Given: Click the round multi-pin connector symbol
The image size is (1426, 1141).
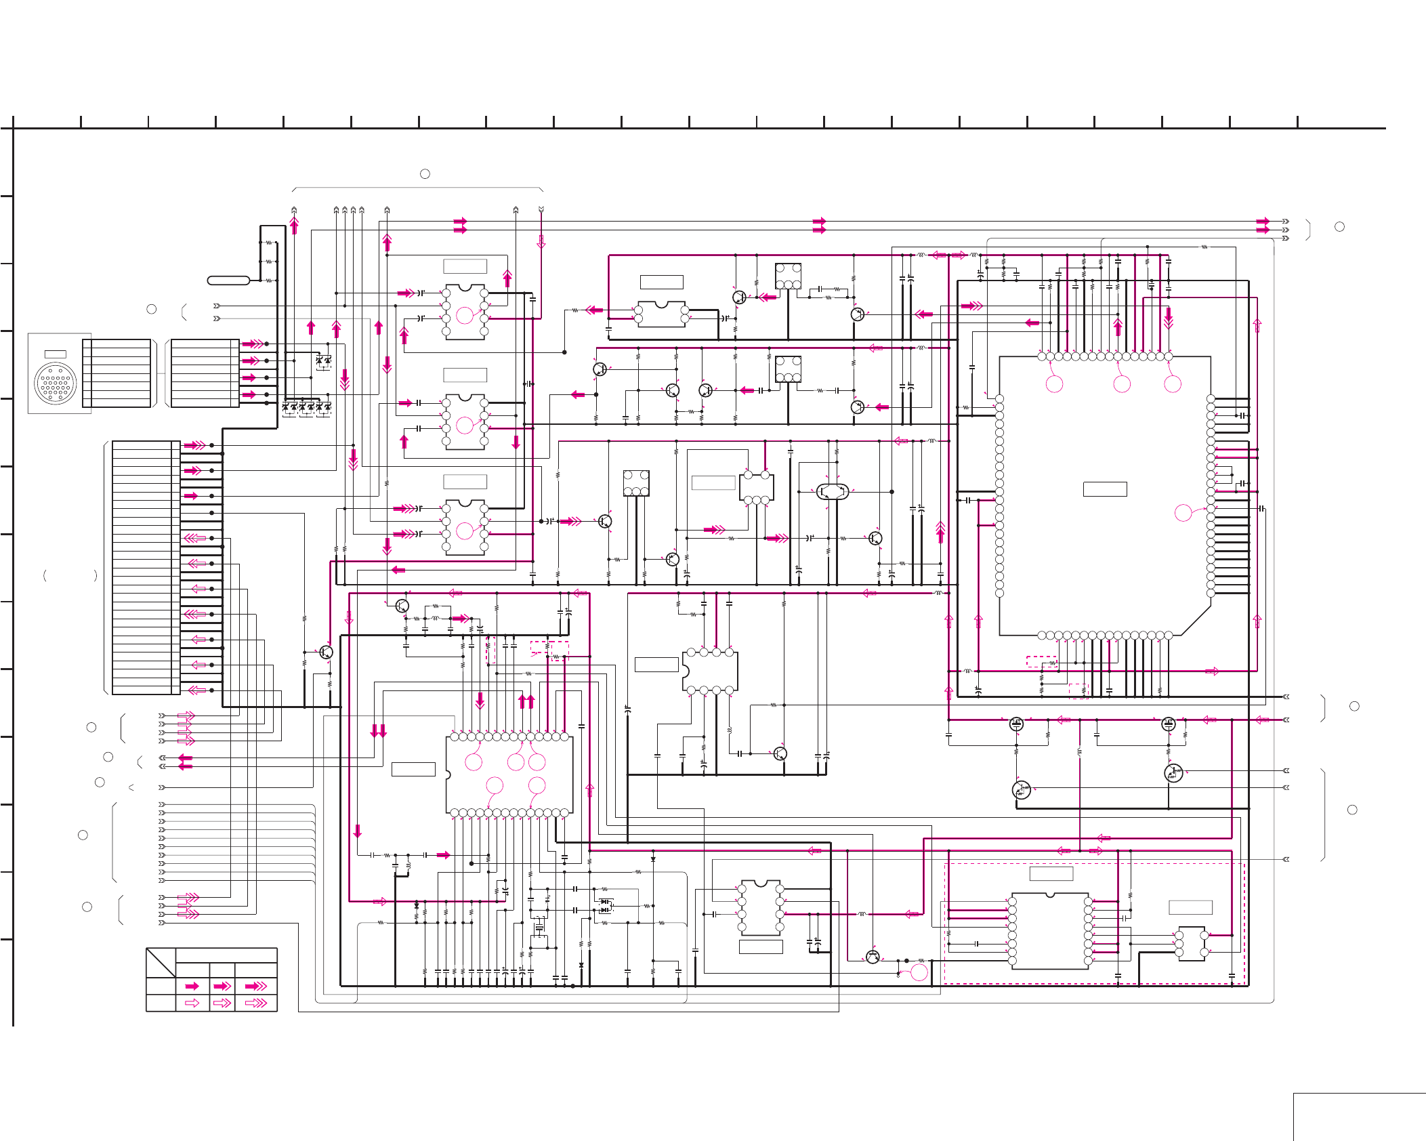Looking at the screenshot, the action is [x=56, y=383].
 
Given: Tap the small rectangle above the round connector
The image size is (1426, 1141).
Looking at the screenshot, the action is [x=55, y=354].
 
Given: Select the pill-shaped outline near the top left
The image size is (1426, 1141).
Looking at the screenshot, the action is [x=228, y=281].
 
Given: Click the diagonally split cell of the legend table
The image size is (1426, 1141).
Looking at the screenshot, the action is [x=161, y=962].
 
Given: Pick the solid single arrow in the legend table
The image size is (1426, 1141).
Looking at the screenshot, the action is [x=192, y=986].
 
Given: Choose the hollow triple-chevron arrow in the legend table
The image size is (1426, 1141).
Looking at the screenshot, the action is [x=256, y=1003].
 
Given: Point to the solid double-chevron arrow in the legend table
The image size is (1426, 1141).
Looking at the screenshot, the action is [x=222, y=986].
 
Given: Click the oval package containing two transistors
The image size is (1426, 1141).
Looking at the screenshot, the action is [x=833, y=491].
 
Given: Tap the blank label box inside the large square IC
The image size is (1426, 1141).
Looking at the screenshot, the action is [x=1105, y=489].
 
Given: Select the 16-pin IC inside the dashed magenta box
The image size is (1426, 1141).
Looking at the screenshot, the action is [x=1050, y=930].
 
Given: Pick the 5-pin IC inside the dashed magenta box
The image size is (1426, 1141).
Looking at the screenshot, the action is [x=1192, y=943].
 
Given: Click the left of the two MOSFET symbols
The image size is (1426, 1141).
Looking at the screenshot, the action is [x=1016, y=724].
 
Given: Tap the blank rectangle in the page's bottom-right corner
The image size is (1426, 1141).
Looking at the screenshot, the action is [x=1359, y=1117].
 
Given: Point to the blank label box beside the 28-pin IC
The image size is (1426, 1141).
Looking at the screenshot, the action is [x=413, y=769].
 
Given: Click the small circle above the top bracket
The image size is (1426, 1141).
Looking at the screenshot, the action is [x=425, y=174].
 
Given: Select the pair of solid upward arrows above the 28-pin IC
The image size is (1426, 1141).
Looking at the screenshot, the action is [x=526, y=701].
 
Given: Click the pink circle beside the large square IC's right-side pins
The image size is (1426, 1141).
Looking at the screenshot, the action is [x=1183, y=513].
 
